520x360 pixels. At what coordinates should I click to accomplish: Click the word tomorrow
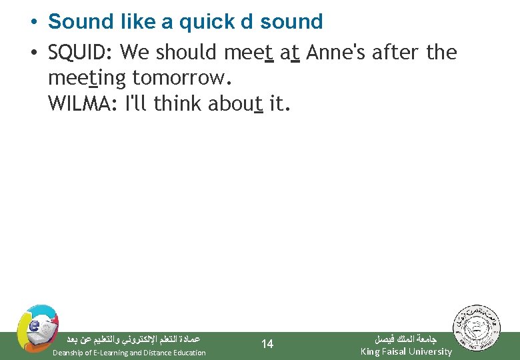[181, 79]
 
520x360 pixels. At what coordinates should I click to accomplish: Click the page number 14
[267, 344]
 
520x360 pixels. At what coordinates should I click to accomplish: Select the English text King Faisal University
[406, 351]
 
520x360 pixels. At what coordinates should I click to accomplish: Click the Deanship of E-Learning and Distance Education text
[129, 353]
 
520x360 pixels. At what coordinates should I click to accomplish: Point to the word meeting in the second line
[87, 79]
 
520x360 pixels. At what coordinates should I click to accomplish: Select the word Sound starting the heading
[77, 22]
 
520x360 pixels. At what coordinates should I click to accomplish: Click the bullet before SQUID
[33, 53]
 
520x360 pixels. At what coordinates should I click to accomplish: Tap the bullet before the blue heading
[33, 23]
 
